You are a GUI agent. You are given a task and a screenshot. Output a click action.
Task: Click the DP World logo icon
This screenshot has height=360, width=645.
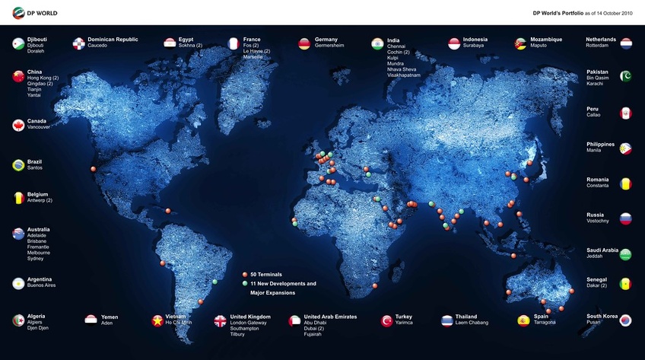coord(18,13)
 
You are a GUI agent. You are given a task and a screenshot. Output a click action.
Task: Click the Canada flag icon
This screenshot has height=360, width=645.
coord(18,125)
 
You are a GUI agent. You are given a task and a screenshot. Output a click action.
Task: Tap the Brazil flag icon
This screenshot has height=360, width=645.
coord(18,164)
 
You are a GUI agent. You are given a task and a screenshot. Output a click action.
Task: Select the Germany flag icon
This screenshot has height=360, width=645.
coord(304,43)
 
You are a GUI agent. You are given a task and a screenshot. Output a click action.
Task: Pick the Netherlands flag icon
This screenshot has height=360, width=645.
coord(626,43)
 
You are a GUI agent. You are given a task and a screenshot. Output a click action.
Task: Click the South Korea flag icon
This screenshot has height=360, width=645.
coord(625,321)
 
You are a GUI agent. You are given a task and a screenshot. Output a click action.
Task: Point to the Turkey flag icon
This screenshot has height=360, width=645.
coord(386,320)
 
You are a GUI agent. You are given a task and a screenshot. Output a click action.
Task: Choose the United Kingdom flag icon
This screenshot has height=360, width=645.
coord(220,320)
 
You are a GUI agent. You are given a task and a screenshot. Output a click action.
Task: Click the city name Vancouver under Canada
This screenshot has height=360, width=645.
coord(39,127)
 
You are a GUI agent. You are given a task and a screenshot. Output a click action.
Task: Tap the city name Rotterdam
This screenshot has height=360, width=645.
coord(598,46)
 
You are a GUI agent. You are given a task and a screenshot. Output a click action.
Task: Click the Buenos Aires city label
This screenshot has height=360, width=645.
coord(41,286)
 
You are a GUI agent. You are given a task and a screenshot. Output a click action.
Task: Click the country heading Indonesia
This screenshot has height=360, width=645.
coord(475,40)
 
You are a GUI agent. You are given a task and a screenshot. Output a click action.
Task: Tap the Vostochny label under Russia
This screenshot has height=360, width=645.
coord(598,221)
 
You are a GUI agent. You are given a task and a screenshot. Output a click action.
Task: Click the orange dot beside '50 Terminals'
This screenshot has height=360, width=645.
coord(245,274)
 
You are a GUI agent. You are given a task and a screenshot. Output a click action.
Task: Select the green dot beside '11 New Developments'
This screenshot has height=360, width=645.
coord(245,283)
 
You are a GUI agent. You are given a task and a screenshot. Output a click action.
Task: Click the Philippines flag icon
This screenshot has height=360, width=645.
coord(625,148)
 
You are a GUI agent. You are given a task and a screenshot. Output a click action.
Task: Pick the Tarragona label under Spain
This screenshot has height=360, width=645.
coord(545,323)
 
